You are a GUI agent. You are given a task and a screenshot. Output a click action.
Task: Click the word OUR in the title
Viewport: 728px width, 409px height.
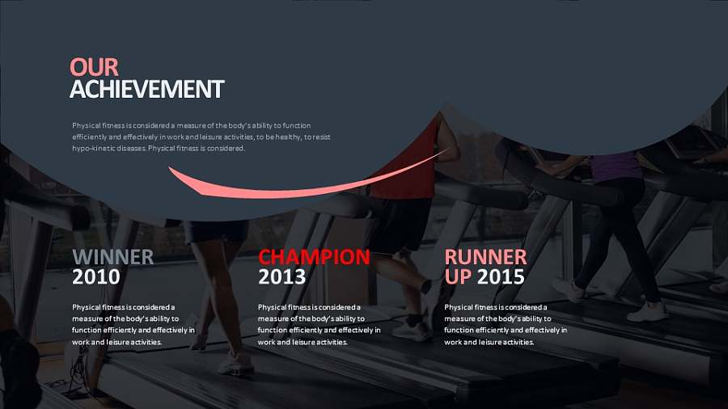95,67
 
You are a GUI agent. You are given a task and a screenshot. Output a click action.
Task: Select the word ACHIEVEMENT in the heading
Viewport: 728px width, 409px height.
146,89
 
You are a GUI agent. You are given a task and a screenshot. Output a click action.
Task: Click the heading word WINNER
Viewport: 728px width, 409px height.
112,257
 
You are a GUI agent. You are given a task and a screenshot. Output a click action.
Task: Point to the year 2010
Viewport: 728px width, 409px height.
96,277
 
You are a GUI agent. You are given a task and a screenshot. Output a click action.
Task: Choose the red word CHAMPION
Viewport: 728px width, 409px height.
315,257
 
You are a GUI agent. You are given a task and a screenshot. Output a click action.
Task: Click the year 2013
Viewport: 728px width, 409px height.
281,277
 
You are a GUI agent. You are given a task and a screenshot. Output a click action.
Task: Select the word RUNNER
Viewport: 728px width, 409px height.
485,257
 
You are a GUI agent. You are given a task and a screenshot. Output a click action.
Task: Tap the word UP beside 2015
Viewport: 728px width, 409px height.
458,277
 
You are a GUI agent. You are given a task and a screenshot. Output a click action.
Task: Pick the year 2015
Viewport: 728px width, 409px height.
501,277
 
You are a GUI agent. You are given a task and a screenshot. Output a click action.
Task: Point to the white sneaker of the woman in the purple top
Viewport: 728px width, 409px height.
648,312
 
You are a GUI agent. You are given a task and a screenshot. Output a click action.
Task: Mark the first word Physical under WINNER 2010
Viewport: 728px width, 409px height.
86,307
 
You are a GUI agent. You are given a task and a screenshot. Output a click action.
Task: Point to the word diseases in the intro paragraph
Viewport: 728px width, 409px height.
133,149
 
